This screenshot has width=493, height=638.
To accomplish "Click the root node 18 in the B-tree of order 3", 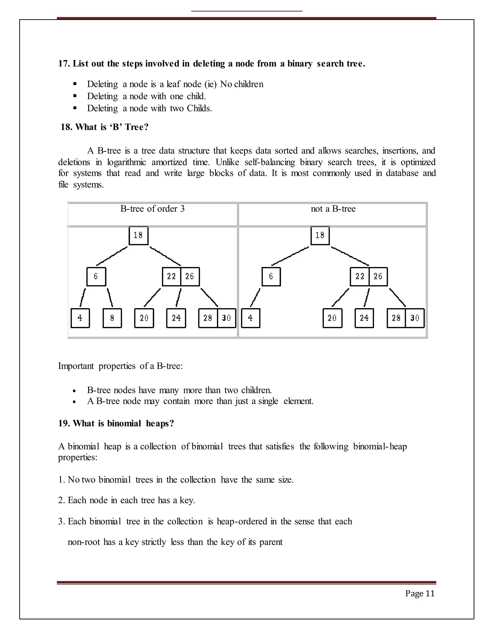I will tap(138, 235).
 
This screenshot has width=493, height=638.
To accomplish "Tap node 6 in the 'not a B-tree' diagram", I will tap(271, 276).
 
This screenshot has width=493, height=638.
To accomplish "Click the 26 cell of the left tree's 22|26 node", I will tap(190, 276).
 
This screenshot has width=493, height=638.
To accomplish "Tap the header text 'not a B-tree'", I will tap(333, 209).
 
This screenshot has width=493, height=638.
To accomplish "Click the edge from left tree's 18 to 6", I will tap(112, 256).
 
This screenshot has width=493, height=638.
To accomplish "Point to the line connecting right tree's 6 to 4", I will tap(255, 297).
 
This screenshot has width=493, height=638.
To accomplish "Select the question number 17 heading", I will tap(64, 64).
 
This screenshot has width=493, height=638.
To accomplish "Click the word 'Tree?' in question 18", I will tap(137, 127).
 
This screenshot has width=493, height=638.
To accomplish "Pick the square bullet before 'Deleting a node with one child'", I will tap(75, 96).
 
